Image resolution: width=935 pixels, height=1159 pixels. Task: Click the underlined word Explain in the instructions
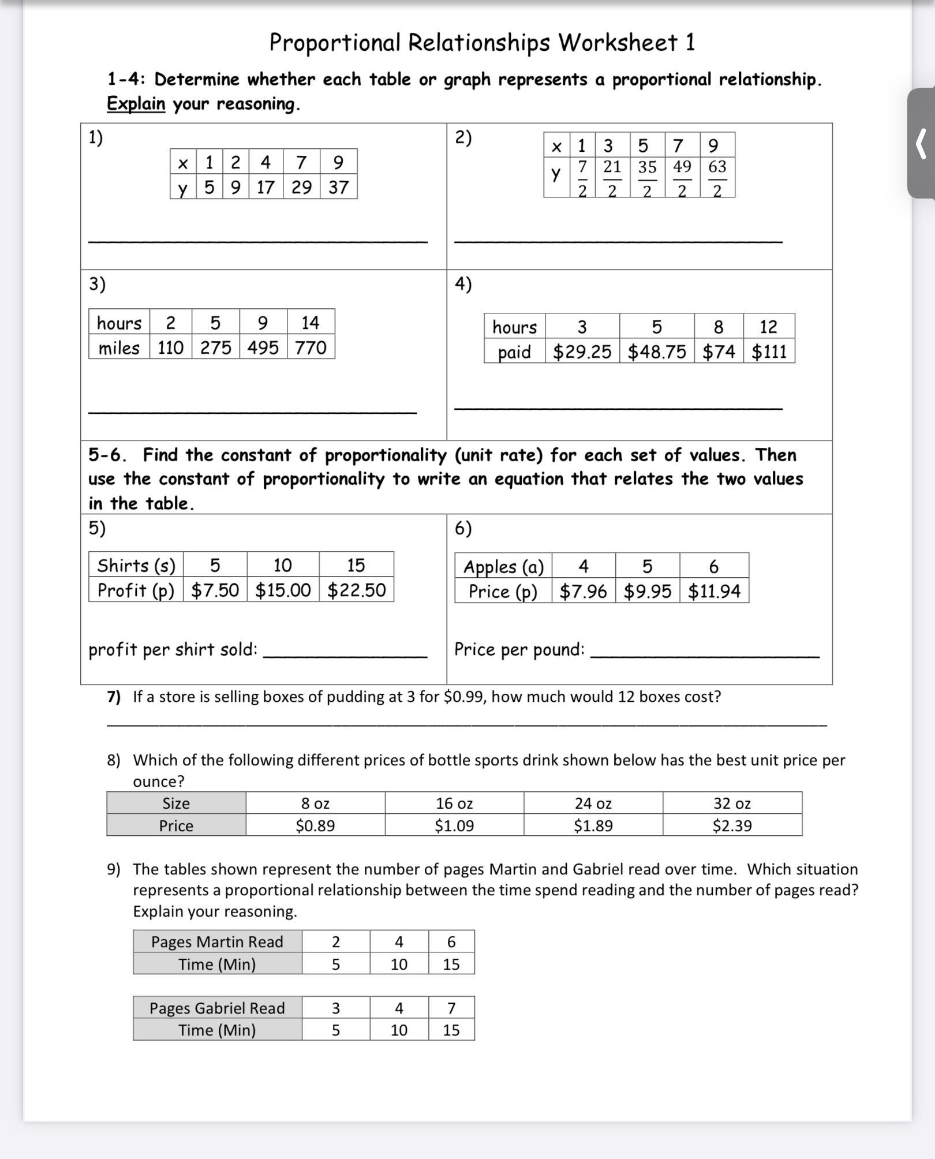click(136, 104)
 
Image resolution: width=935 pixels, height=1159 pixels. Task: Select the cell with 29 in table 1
click(301, 187)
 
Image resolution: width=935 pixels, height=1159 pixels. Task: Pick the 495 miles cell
click(263, 347)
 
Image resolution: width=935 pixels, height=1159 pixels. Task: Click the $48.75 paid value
click(657, 352)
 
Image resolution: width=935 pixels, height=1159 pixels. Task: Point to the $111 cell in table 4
click(769, 352)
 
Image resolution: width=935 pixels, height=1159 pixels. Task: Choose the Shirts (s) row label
click(136, 565)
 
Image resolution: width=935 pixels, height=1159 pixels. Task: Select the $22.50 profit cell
click(356, 590)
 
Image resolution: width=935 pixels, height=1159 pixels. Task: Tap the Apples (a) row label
click(503, 567)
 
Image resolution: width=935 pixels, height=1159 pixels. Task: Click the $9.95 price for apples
click(648, 591)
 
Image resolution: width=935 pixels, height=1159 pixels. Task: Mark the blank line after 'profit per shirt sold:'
click(345, 656)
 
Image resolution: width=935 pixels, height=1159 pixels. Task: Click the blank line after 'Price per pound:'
click(704, 656)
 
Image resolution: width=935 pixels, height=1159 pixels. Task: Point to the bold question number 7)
click(114, 697)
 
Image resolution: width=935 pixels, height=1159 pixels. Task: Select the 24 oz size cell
click(593, 803)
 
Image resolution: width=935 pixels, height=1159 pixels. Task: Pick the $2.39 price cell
click(732, 825)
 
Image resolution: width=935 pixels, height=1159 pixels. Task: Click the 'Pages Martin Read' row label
click(217, 942)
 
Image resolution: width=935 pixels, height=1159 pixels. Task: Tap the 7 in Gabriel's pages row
click(451, 1008)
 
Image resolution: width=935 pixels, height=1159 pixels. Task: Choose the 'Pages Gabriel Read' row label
click(217, 1008)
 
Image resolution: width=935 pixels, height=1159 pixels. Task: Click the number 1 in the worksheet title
click(690, 43)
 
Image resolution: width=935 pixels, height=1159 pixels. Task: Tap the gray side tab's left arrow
click(921, 144)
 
